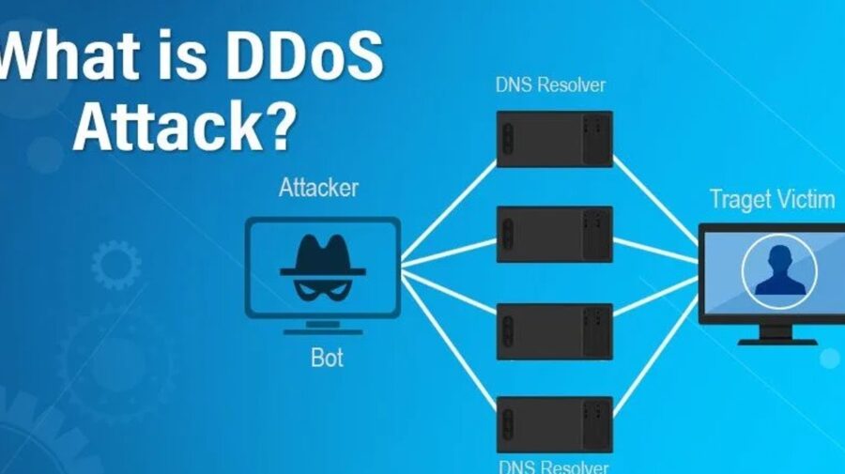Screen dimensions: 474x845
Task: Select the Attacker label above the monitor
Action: tap(318, 188)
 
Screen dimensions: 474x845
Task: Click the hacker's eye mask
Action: tap(322, 286)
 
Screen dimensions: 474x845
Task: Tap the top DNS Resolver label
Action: tap(550, 85)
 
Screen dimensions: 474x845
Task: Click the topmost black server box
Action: tap(554, 139)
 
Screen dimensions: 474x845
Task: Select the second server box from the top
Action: tap(554, 234)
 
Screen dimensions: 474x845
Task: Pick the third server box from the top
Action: tap(554, 329)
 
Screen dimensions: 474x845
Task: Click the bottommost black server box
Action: tap(554, 424)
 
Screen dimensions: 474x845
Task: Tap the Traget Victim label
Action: tap(772, 199)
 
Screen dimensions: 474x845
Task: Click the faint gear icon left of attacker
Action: tap(115, 264)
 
